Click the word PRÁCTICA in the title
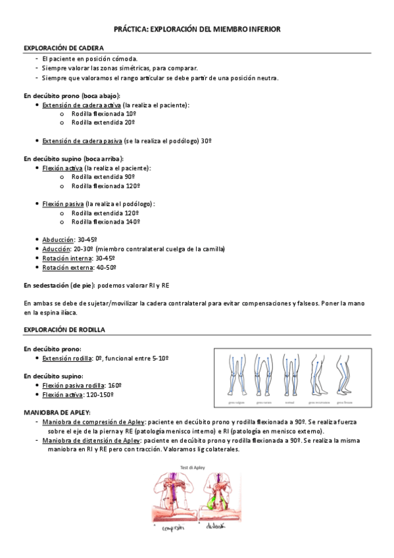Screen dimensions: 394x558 point(131,30)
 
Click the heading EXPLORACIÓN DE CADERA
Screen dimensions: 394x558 point(63,48)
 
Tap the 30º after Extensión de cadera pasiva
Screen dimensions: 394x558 point(206,141)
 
